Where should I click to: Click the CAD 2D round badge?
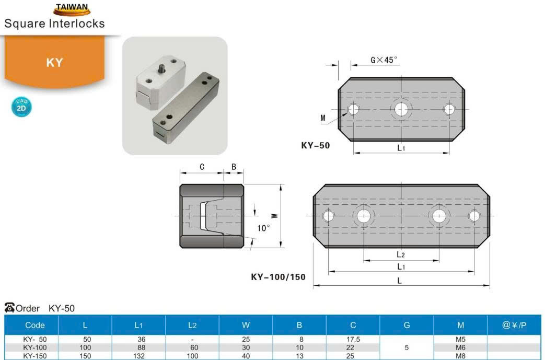[21, 107]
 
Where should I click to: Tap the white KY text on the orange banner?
[54, 63]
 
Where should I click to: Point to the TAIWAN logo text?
[72, 7]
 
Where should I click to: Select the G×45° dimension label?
[384, 60]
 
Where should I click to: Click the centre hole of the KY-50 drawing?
[401, 109]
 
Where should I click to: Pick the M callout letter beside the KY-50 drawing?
[323, 118]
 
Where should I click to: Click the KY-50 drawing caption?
[315, 145]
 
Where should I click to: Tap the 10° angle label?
[263, 228]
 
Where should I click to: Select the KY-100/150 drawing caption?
[278, 277]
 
